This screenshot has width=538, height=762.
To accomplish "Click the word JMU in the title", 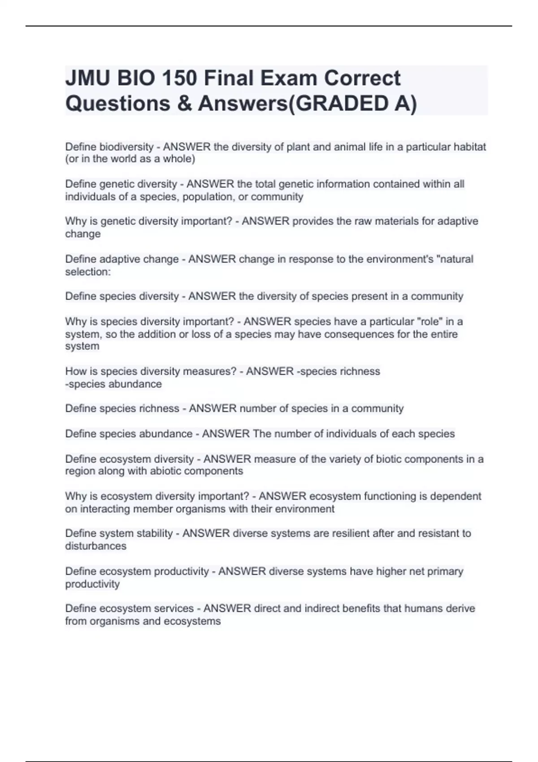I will pyautogui.click(x=87, y=78).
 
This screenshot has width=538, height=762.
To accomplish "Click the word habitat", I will pyautogui.click(x=469, y=147).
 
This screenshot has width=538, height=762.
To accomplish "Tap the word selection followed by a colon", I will pyautogui.click(x=88, y=272).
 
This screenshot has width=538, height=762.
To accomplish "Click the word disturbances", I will pyautogui.click(x=95, y=546).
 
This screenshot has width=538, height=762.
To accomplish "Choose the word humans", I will pyautogui.click(x=418, y=609).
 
